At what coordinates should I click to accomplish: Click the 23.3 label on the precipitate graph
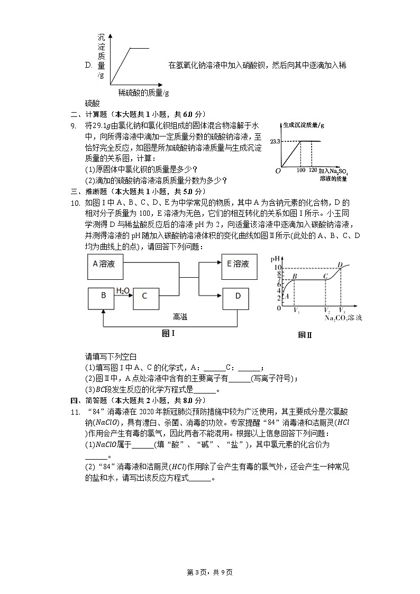pos(274,141)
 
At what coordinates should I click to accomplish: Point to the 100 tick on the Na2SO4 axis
pos(302,171)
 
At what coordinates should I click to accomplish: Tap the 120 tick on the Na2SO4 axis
pos(313,171)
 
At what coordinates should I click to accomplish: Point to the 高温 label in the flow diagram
pos(180,317)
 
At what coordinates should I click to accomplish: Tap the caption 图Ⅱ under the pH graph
pos(305,335)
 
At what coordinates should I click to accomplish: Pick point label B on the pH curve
pos(295,276)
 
